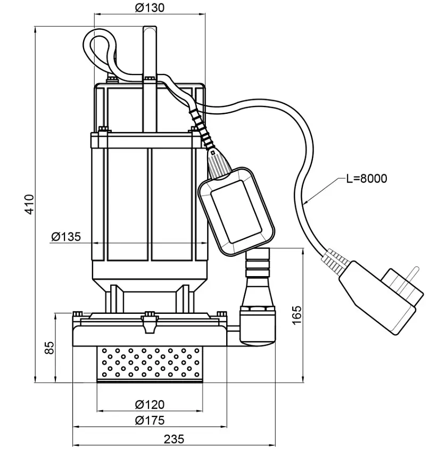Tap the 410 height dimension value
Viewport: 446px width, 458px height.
tap(29, 204)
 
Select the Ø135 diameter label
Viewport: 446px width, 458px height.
tap(66, 237)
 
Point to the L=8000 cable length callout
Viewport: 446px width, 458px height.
tap(367, 179)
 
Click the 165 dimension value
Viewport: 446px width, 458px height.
tap(296, 315)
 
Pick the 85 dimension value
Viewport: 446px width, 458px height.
tap(49, 347)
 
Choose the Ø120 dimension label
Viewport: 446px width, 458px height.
tap(150, 405)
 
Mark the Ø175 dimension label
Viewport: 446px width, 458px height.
tap(150, 420)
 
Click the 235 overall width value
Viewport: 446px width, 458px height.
tap(174, 439)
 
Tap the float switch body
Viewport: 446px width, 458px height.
tap(236, 211)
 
